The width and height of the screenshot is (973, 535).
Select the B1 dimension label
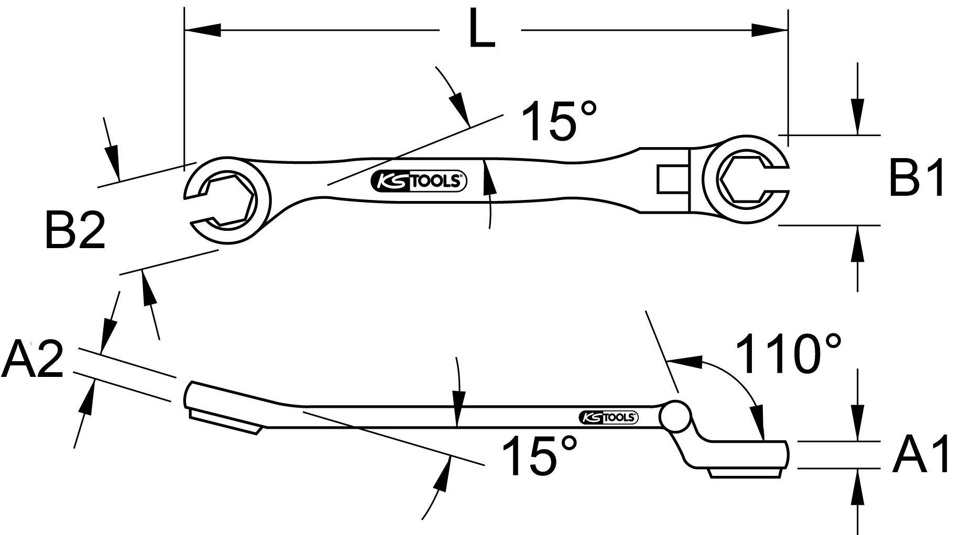click(x=916, y=179)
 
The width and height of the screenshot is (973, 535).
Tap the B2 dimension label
click(x=75, y=230)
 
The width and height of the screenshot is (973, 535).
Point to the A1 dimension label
click(x=921, y=456)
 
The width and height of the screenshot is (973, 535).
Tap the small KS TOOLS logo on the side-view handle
click(x=608, y=417)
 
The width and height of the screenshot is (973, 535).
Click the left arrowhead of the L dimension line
click(x=202, y=30)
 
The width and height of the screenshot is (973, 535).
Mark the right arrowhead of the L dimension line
click(x=770, y=30)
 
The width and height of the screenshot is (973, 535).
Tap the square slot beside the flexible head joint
click(x=669, y=180)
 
